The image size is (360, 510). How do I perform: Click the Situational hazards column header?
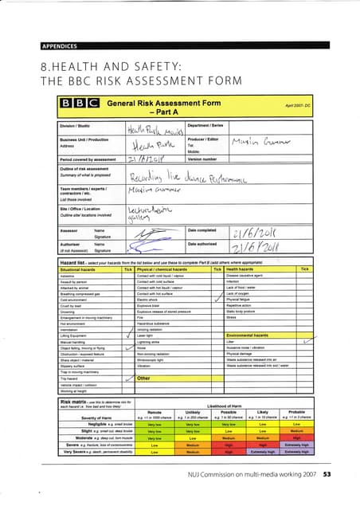coord(82,269)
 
